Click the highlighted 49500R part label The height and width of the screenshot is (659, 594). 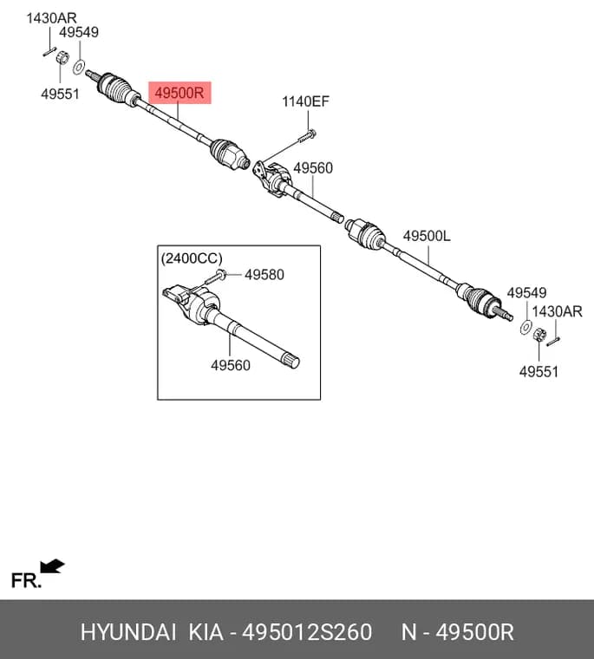[x=180, y=93]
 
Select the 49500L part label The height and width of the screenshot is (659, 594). [x=427, y=236]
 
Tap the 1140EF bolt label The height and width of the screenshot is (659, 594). [x=305, y=101]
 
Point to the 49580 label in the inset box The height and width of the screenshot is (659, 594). [x=264, y=275]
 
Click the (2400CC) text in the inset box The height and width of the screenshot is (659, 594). [x=192, y=258]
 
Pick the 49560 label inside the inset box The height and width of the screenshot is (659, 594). [x=231, y=365]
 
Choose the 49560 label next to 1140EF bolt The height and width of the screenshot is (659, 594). [x=313, y=168]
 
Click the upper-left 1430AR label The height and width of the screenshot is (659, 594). [x=52, y=18]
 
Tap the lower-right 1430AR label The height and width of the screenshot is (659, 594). [x=557, y=311]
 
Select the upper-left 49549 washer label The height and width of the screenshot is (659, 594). [x=79, y=32]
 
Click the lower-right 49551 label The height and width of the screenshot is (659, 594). [x=539, y=372]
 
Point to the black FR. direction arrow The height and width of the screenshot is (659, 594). [x=52, y=566]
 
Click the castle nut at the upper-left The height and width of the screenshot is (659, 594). [x=62, y=57]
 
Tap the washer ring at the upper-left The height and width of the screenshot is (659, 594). [x=79, y=68]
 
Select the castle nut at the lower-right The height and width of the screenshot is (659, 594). [x=539, y=335]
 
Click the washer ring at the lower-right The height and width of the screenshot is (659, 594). [x=525, y=327]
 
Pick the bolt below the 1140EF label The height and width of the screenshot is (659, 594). [x=308, y=136]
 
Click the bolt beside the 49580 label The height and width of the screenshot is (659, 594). [x=215, y=277]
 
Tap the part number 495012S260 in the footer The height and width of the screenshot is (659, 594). [x=307, y=631]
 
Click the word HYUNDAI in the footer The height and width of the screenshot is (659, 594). [x=128, y=631]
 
